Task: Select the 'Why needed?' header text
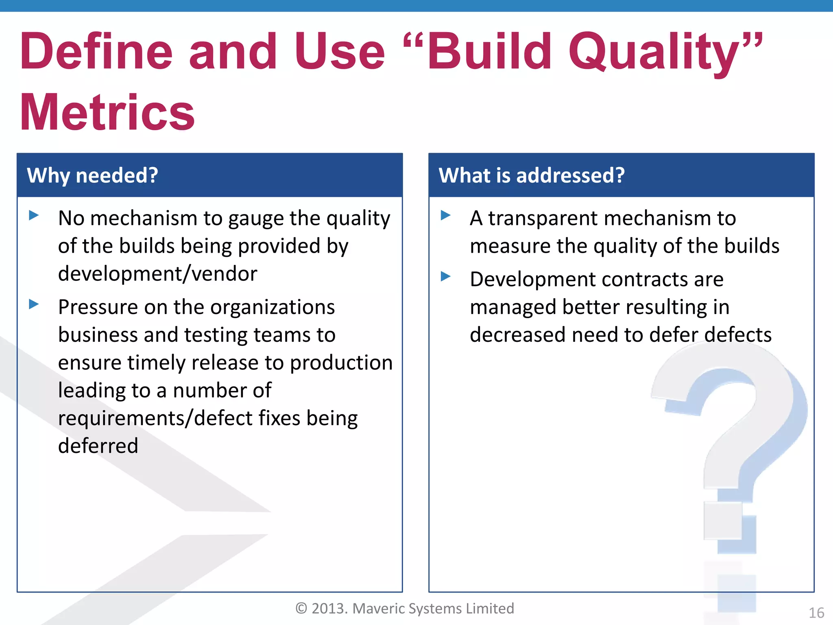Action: [x=92, y=175]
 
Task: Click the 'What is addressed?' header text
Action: [x=531, y=175]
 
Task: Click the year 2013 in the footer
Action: [x=329, y=608]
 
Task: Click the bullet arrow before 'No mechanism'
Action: [x=34, y=215]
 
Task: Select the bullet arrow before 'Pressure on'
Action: [x=34, y=304]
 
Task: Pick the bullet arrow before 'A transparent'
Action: [x=446, y=215]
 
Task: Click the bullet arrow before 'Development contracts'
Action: [x=446, y=277]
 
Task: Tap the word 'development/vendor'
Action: [x=157, y=273]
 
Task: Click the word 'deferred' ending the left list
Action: [x=98, y=446]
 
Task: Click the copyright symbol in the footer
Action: [x=301, y=608]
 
